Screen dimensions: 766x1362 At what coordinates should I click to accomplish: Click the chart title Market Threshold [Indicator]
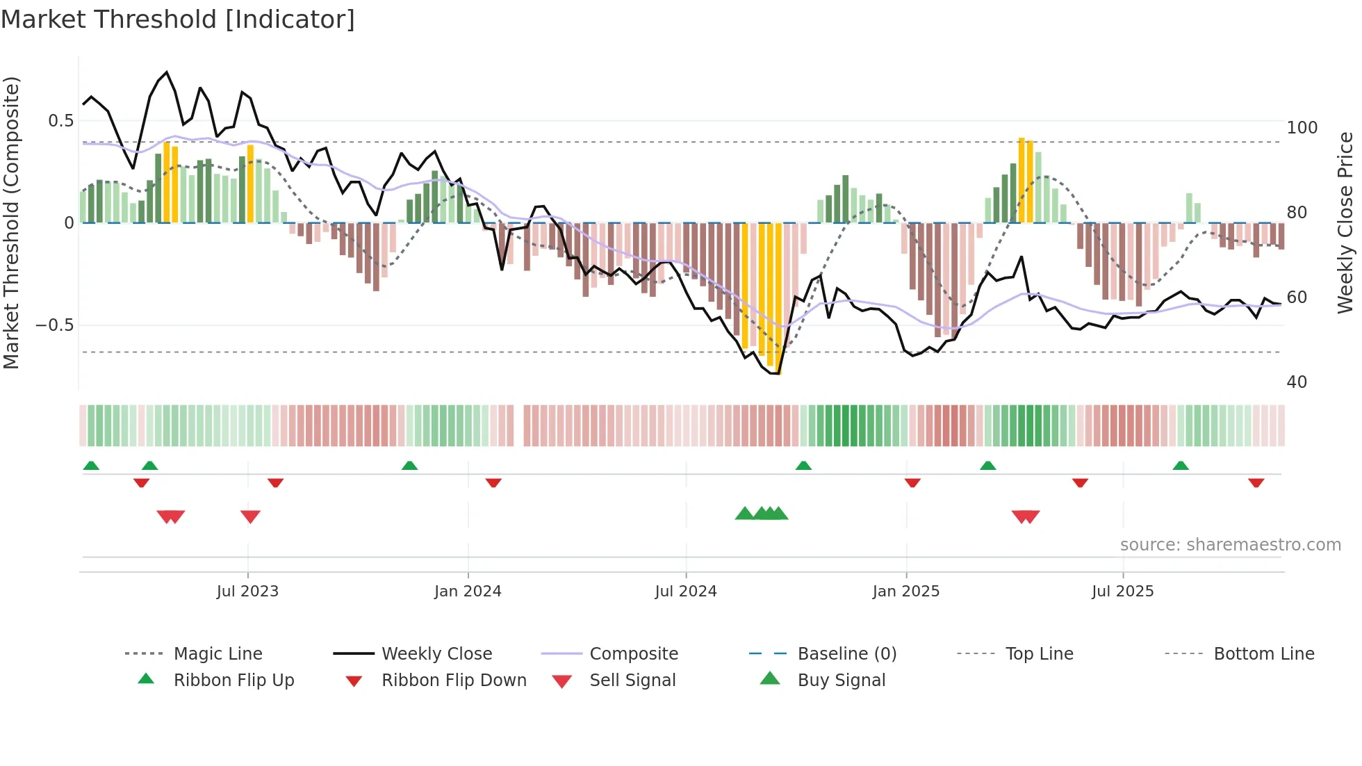click(178, 19)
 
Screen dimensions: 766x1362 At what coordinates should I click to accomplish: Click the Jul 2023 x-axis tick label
click(247, 592)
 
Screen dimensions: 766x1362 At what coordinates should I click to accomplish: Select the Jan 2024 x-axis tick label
click(468, 592)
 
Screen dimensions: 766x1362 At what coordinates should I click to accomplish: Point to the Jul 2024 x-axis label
click(685, 592)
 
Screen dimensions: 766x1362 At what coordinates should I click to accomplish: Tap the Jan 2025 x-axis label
click(906, 592)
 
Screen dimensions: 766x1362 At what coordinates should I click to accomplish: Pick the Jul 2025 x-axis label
click(1122, 592)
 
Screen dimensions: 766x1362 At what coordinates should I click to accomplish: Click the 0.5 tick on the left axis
click(60, 121)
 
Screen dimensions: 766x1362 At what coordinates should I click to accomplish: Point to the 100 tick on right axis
click(1302, 128)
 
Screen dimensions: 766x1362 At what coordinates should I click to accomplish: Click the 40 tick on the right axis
click(1297, 382)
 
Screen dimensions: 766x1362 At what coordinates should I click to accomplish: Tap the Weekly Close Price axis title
click(1345, 222)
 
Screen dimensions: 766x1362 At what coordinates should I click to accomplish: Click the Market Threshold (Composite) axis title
click(11, 222)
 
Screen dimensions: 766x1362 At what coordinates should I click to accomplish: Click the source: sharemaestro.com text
click(1230, 545)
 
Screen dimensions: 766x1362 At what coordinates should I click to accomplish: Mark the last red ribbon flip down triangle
click(1256, 483)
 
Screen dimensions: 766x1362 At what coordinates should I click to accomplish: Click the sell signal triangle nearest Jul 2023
click(250, 516)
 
